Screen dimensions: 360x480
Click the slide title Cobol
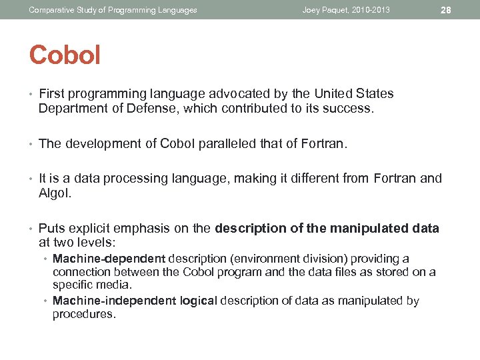coord(65,55)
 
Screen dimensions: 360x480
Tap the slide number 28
coord(447,10)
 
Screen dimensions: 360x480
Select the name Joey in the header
coord(312,10)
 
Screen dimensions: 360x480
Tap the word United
coord(320,94)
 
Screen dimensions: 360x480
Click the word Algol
coord(55,193)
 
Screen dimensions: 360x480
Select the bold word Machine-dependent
coord(109,259)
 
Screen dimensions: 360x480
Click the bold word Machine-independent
coord(115,301)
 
